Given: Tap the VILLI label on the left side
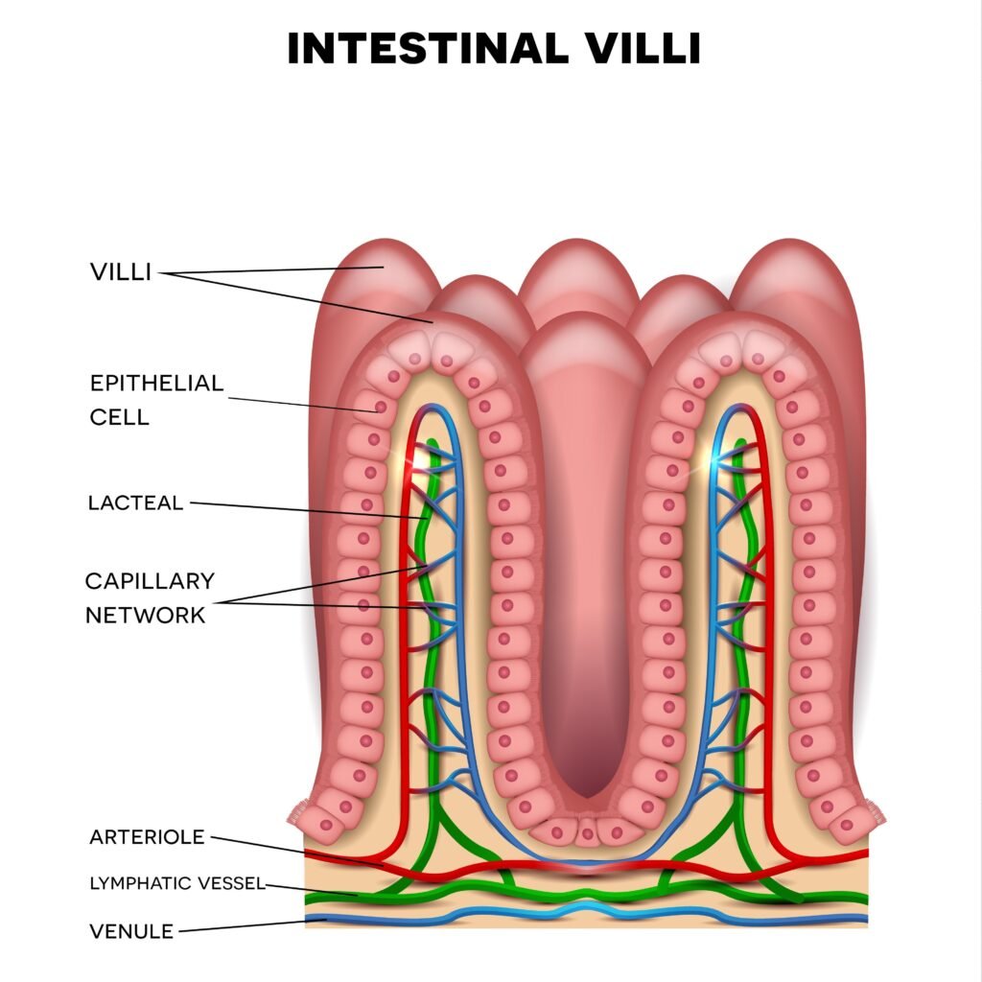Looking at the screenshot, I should coord(121,271).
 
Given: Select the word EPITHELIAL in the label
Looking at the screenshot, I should coord(156,384).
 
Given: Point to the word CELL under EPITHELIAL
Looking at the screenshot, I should coord(120,417).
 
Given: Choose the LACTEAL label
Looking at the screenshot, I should coord(135,503).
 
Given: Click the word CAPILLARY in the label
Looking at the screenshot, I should coord(150,580).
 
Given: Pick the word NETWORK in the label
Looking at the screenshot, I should coord(146,615).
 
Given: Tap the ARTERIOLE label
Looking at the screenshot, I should coord(147,836).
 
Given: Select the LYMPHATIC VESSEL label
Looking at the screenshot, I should coord(176,883).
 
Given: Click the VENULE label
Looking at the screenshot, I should coord(131,930).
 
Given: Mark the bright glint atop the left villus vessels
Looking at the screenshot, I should coord(419,459).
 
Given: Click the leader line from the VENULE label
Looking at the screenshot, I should coord(249,925).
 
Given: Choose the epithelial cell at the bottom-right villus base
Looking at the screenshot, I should coord(848,823).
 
